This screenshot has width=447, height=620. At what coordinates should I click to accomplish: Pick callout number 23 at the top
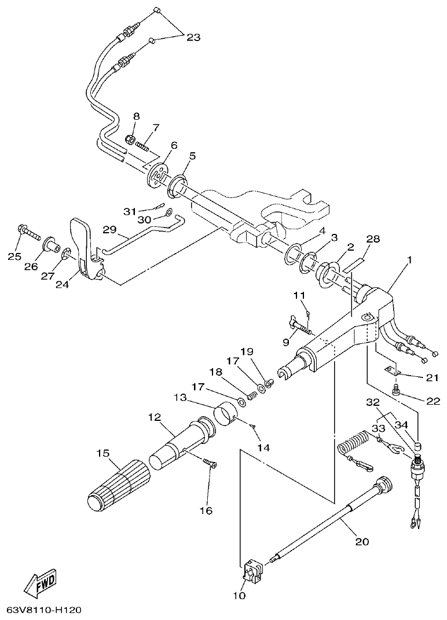click(193, 38)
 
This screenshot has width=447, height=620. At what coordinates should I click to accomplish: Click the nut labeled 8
click(131, 140)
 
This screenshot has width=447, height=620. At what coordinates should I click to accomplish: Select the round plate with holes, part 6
click(156, 174)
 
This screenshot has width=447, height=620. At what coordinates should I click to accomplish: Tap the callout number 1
click(410, 261)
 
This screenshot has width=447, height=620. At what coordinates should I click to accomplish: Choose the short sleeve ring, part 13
click(226, 415)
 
